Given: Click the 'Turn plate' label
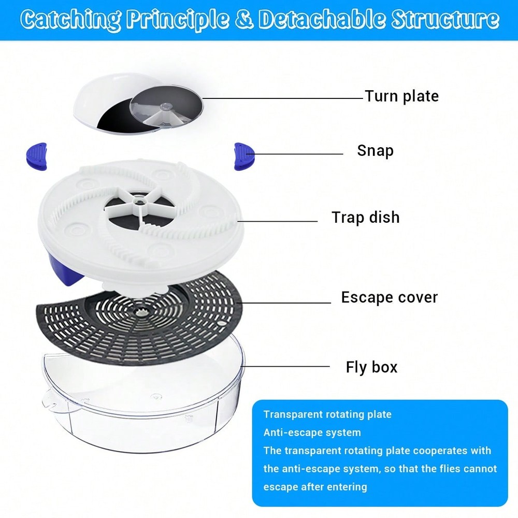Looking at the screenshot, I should click(x=401, y=96).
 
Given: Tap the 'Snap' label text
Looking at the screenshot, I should click(x=375, y=151).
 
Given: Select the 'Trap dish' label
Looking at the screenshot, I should click(x=366, y=218).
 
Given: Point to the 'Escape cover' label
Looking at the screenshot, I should click(x=389, y=297).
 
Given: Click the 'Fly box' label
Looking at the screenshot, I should click(x=371, y=367).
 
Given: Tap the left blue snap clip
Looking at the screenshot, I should click(x=37, y=156).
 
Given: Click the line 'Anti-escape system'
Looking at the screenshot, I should click(x=312, y=433).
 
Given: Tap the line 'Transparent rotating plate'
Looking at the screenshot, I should click(x=327, y=414).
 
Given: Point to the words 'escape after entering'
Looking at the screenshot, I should click(x=315, y=487).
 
